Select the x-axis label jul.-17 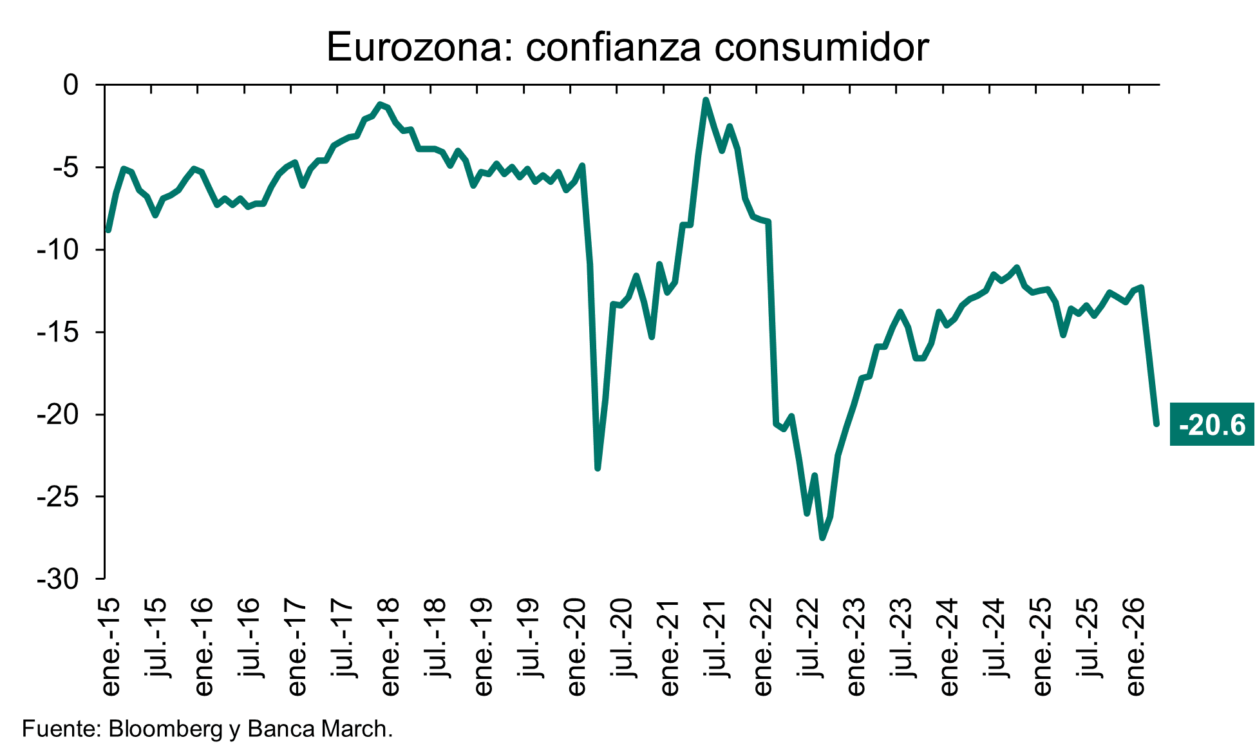tap(343, 638)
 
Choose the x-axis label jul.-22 tap(809, 638)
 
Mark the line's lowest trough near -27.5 tap(822, 538)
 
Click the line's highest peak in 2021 tap(706, 100)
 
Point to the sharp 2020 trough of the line tap(598, 468)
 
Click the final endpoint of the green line tap(1156, 424)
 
